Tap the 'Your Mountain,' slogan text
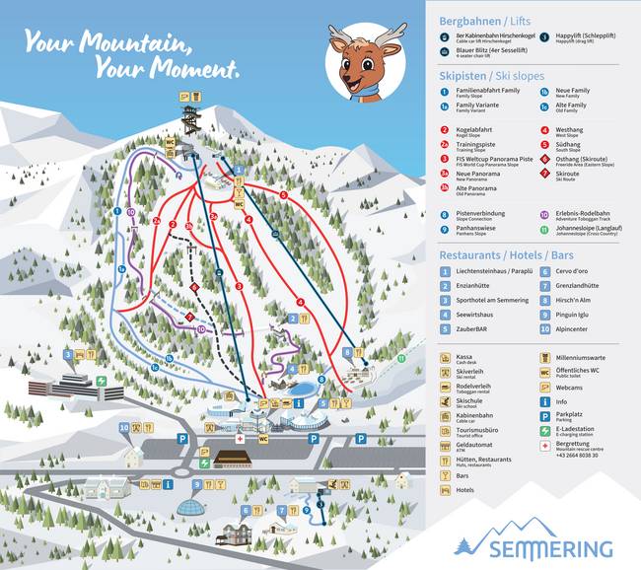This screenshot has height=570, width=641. click(107, 42)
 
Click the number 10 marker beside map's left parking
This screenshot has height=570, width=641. click(124, 429)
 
